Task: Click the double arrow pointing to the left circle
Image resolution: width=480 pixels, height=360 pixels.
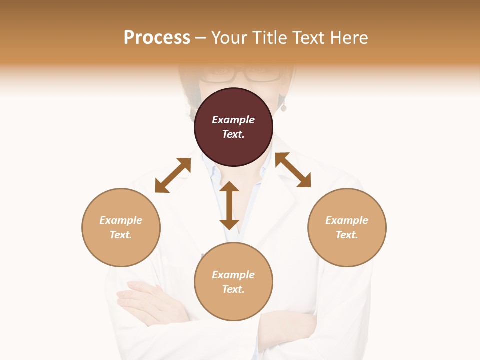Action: pos(173,175)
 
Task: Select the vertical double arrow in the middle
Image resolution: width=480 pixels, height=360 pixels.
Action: pos(229,205)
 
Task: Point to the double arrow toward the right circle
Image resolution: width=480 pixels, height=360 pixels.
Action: pos(293,170)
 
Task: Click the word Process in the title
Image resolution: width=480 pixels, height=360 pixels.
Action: pos(157,37)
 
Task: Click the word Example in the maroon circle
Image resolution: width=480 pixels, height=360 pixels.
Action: pos(233,120)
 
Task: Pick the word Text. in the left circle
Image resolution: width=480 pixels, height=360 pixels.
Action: pos(121,235)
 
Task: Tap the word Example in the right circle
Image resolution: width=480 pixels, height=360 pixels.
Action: pos(347,220)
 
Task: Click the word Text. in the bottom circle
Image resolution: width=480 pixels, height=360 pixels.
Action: pos(233,289)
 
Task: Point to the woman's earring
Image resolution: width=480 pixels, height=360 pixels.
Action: pos(283,107)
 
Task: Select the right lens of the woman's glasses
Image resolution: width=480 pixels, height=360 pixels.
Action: pos(263,75)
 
